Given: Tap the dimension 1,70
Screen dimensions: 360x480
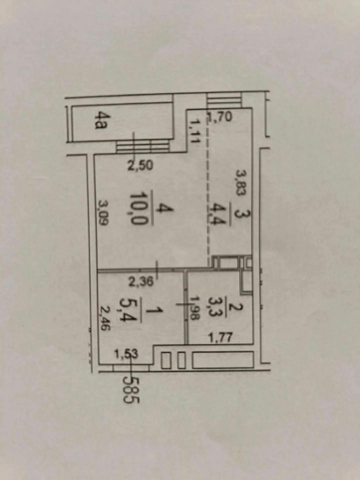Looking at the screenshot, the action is (219, 117).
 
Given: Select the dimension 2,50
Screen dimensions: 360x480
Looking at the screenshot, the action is (140, 166).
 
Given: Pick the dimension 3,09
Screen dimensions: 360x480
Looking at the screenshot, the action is (102, 213).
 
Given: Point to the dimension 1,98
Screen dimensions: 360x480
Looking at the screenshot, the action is (193, 308).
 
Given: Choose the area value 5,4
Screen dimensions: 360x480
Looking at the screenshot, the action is (134, 311).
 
